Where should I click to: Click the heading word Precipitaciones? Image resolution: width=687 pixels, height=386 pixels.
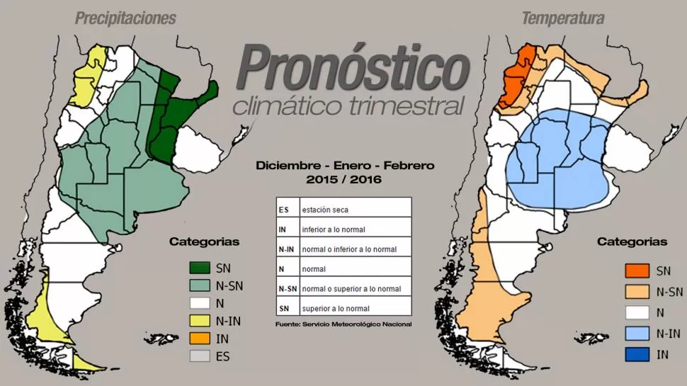click(x=125, y=18)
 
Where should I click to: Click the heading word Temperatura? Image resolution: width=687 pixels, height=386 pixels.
click(x=562, y=18)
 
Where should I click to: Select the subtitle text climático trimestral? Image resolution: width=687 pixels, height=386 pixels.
click(x=348, y=107)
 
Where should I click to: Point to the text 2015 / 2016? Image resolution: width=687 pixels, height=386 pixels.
click(x=343, y=180)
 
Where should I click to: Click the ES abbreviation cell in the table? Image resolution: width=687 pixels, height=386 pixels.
click(x=283, y=210)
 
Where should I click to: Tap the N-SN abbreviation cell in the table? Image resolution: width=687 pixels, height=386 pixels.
click(x=286, y=288)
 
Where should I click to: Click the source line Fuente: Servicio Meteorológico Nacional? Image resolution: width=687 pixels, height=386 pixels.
click(x=343, y=324)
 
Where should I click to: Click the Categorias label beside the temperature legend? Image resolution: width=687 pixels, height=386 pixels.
click(x=632, y=242)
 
